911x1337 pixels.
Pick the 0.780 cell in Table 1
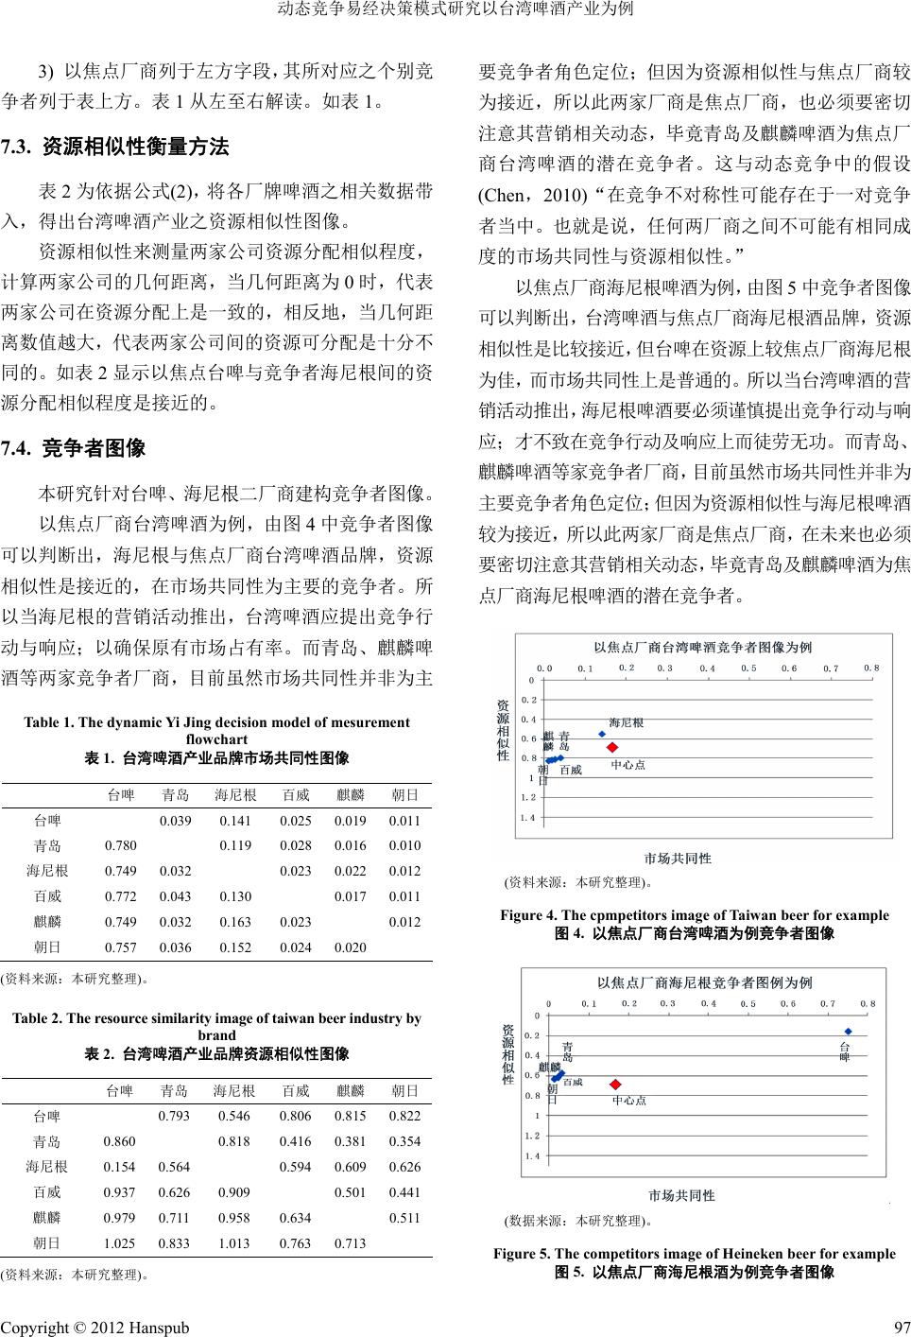coord(120,845)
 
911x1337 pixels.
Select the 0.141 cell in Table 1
coord(234,821)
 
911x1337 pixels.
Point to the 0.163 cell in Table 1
coord(234,922)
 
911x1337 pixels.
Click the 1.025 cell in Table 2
coord(119,1242)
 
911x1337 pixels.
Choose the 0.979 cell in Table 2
coord(119,1218)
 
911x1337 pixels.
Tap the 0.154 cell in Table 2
coord(119,1167)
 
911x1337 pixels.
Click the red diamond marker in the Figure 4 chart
coord(611,748)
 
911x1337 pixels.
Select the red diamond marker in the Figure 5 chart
coord(615,1085)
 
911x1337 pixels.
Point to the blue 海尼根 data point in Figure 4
coord(602,734)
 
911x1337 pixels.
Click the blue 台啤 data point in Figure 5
coord(849,1032)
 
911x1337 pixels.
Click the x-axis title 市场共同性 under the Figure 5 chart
coord(681,1195)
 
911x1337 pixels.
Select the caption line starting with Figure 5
coord(694,1254)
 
